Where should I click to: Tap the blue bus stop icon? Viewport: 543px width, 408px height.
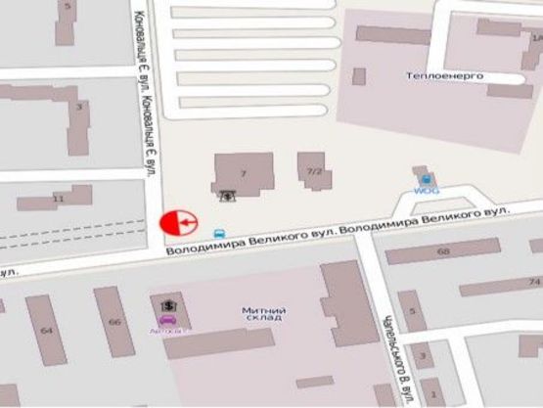(219, 234)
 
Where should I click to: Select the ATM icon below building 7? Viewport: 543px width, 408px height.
(227, 195)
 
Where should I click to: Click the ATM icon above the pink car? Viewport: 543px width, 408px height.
(169, 304)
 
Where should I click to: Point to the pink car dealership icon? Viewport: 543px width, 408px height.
(168, 320)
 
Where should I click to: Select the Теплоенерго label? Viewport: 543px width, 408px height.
(445, 75)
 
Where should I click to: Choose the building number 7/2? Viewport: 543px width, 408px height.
(314, 172)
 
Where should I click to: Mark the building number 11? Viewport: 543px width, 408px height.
(58, 199)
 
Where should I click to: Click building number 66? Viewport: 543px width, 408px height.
(114, 322)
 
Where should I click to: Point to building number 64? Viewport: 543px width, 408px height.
(46, 330)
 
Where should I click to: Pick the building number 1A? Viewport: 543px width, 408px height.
(535, 37)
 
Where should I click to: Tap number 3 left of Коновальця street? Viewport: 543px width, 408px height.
(79, 105)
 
